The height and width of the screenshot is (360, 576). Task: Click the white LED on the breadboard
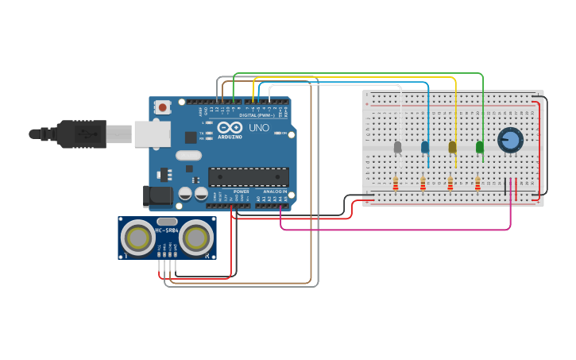[x=397, y=147]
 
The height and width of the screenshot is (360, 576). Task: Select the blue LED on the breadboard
[x=425, y=147]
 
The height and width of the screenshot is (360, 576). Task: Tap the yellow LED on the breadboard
[x=452, y=147]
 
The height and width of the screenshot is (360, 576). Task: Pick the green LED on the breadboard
[x=479, y=147]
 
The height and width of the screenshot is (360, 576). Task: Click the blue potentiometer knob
[x=510, y=141]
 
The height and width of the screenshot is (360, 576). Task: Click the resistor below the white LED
[x=396, y=184]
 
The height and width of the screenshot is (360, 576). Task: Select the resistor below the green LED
[x=477, y=184]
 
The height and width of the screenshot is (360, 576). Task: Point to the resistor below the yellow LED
[x=450, y=184]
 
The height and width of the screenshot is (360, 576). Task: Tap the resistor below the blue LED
[x=423, y=184]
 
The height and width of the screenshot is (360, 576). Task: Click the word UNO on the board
[x=259, y=128]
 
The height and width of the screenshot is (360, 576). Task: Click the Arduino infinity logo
[x=230, y=127]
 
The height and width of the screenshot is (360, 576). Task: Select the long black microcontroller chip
[x=248, y=176]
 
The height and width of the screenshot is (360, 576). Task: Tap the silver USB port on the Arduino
[x=153, y=134]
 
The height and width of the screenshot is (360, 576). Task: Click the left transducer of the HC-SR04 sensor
[x=139, y=237]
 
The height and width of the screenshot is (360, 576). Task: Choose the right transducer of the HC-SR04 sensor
[x=195, y=237]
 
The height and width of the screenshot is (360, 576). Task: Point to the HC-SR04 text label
[x=167, y=231]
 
